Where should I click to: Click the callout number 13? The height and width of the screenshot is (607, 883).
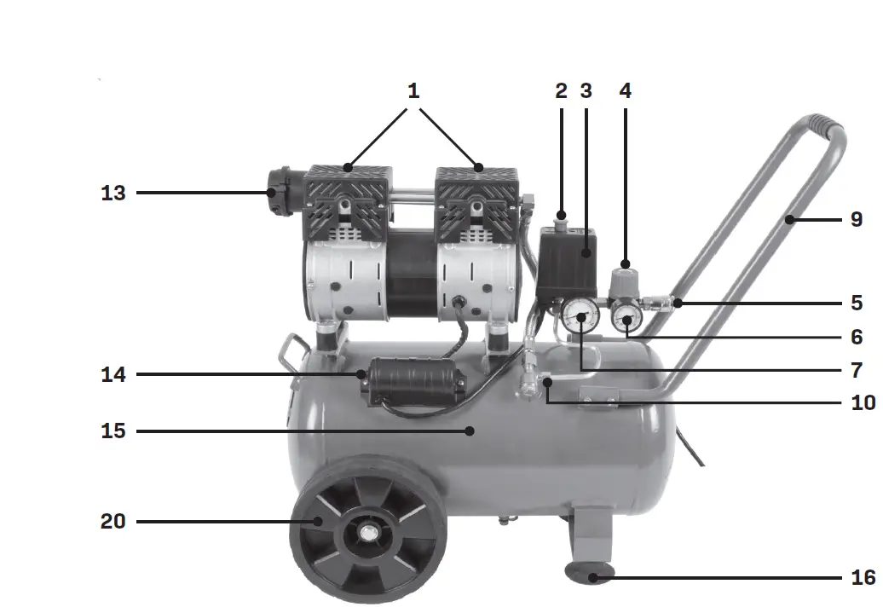113,194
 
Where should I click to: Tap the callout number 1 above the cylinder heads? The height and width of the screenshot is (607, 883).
413,90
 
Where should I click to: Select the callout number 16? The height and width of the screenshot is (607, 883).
863,578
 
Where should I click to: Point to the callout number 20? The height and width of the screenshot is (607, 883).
113,521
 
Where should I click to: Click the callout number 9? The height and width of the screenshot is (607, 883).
857,220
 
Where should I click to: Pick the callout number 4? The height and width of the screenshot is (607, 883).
625,90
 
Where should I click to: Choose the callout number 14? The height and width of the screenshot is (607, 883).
113,374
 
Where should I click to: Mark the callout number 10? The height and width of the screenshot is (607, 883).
863,402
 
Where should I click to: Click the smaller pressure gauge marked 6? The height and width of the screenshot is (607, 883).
628,322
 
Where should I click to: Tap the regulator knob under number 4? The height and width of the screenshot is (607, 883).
625,277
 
